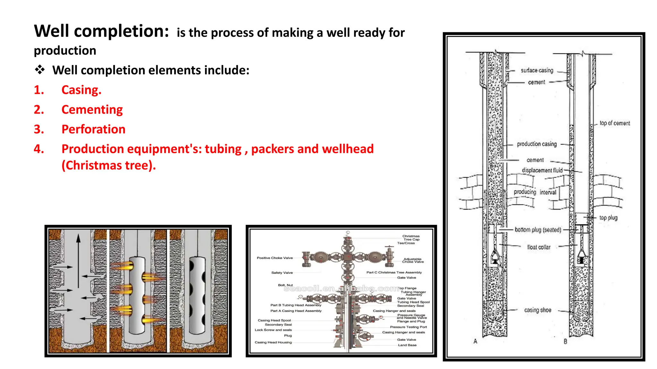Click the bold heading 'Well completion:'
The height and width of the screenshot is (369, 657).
pos(101,31)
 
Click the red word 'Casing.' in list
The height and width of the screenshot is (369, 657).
pos(81,90)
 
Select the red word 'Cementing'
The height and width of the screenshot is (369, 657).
pos(92,110)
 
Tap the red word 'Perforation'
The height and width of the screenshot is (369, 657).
pos(93,129)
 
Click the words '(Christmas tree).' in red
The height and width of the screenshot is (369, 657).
pos(108,165)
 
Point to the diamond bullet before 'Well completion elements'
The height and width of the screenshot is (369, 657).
pos(40,70)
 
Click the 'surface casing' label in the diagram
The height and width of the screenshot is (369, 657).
pos(537,70)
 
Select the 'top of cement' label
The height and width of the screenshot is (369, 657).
pos(614,123)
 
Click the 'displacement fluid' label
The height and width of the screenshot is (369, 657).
pos(542,170)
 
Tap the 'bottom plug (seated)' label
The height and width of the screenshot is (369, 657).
pos(538,230)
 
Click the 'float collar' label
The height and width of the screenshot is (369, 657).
pos(539,247)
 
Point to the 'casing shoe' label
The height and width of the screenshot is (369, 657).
pos(537,310)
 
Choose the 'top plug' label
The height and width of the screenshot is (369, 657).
pos(608,218)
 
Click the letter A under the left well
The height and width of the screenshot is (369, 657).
pos(475,341)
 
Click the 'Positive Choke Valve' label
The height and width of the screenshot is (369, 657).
pos(275,258)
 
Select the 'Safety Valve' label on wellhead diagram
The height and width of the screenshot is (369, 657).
pos(282,273)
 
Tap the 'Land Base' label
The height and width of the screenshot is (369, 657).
pos(407,345)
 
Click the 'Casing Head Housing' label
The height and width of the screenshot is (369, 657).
pos(273,342)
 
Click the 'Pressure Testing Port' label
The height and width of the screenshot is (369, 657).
pos(408,327)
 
